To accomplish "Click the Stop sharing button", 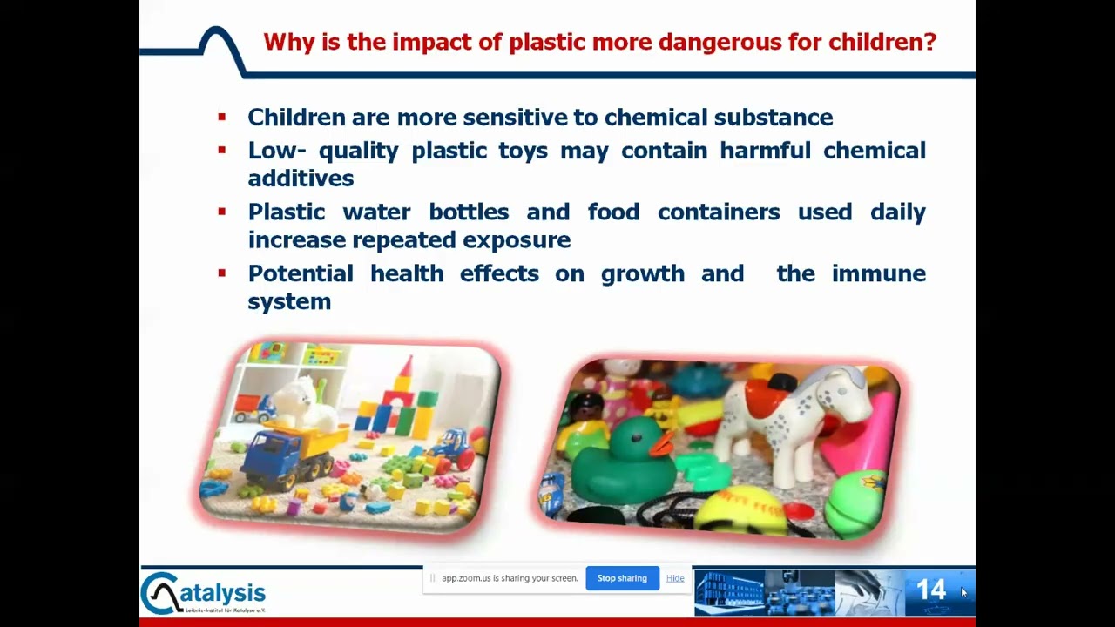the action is pos(622,578).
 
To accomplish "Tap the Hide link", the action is pos(675,578).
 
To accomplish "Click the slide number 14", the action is pos(931,590).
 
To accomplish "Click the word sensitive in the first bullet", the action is pos(516,118).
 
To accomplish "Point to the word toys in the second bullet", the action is pos(524,152).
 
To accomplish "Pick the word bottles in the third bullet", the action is pos(469,212).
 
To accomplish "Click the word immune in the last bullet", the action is pos(879,273).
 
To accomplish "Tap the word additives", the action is pos(301,179).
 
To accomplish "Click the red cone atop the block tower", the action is pos(407,367).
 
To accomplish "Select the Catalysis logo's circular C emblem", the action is pos(160,593).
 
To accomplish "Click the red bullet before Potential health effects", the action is pos(222,273).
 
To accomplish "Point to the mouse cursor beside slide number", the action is pos(963,592).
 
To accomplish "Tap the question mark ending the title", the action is pos(929,42).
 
